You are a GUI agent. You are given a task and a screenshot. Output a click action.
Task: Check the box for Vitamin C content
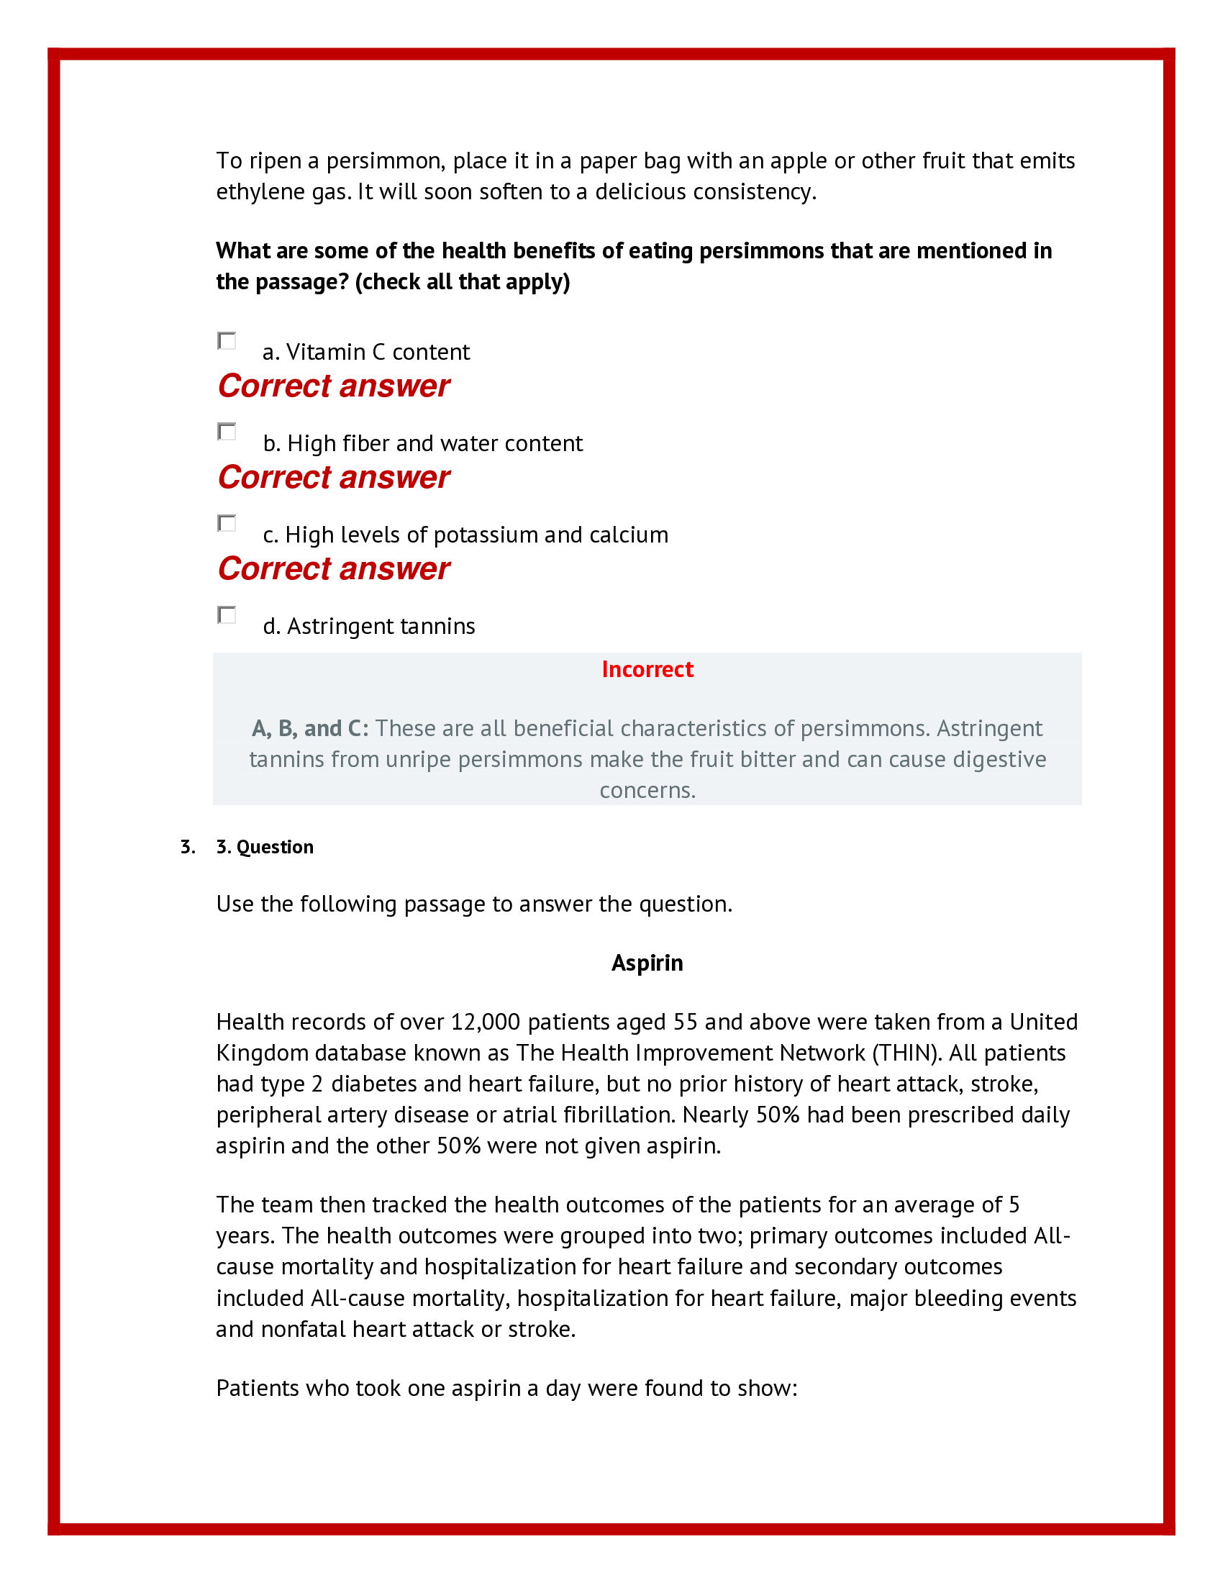point(227,340)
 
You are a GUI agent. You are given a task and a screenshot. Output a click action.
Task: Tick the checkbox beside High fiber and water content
point(227,432)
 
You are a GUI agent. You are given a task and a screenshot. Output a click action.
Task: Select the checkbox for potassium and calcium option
point(227,523)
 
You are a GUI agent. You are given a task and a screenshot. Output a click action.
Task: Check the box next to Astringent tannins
point(227,614)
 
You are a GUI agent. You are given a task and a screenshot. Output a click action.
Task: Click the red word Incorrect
point(647,669)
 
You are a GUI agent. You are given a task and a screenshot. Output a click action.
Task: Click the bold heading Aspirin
point(647,963)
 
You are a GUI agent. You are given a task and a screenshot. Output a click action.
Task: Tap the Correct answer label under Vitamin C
point(333,386)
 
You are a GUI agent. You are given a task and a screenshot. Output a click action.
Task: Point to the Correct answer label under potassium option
point(333,568)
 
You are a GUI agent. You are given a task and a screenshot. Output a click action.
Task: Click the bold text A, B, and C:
point(310,727)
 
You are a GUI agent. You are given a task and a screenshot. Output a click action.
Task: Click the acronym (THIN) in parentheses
point(906,1053)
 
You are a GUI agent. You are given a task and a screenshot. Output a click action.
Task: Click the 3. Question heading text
point(265,847)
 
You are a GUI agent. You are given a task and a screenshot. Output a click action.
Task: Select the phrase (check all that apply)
point(463,281)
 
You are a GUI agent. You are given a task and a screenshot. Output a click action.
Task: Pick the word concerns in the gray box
point(647,790)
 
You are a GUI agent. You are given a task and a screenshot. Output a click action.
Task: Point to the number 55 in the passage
point(685,1022)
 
